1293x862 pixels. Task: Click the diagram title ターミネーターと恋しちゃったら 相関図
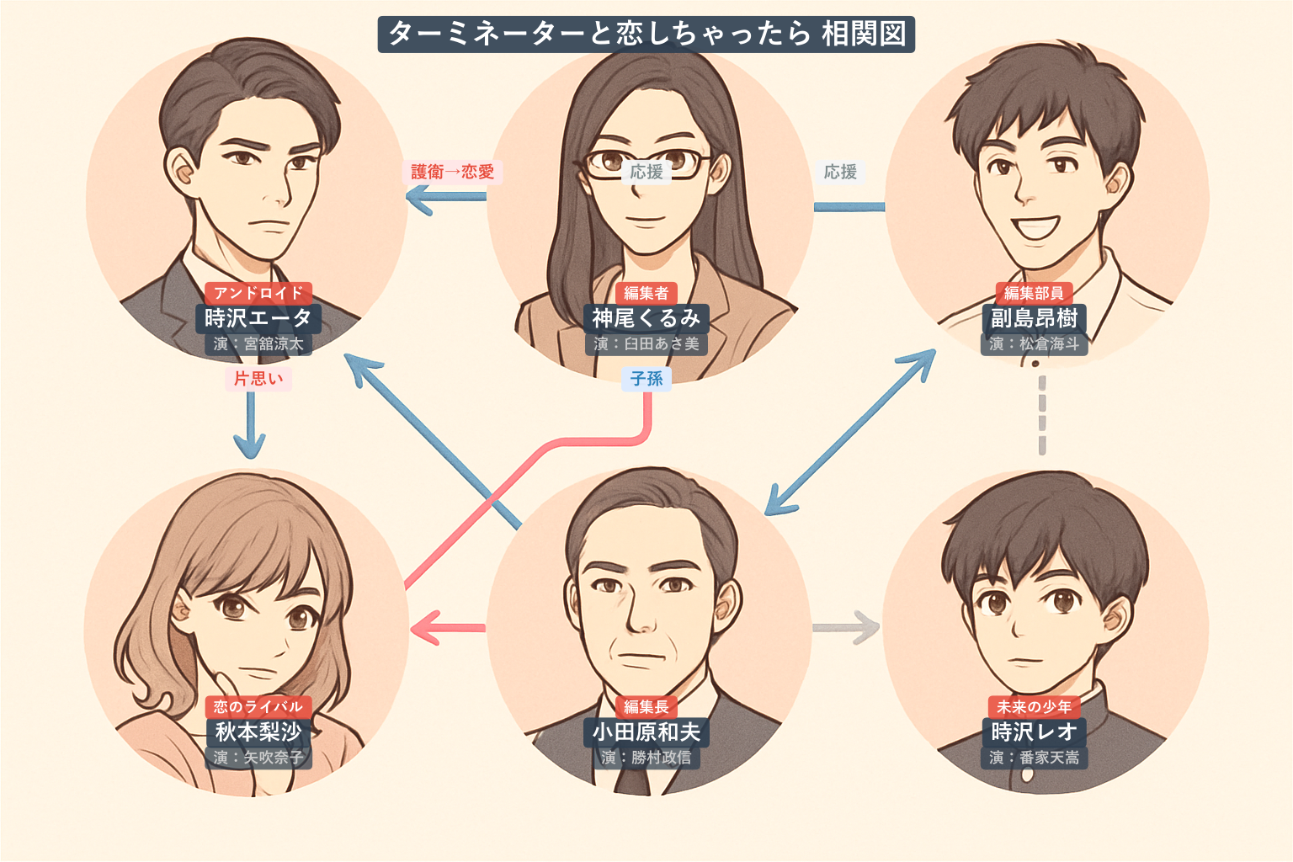click(646, 35)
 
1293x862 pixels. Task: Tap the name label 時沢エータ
click(258, 318)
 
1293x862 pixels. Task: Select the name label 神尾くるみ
click(646, 318)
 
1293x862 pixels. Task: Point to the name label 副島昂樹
click(1034, 318)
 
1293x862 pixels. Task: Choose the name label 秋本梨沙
click(258, 732)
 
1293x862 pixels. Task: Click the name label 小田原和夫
click(646, 732)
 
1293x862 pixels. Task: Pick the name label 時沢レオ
click(1034, 732)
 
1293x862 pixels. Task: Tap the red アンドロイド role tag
click(258, 293)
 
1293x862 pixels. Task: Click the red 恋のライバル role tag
click(258, 706)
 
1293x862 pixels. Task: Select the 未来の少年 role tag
click(1034, 706)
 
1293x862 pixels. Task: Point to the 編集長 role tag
click(646, 706)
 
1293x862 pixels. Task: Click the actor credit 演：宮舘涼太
click(258, 343)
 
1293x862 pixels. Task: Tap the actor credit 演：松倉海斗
click(1034, 343)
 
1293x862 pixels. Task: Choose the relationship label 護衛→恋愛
click(452, 172)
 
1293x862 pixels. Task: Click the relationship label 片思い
click(258, 379)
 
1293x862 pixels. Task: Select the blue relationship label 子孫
click(646, 379)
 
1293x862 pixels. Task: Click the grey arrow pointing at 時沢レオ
click(847, 627)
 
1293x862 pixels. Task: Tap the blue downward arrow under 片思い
click(250, 425)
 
